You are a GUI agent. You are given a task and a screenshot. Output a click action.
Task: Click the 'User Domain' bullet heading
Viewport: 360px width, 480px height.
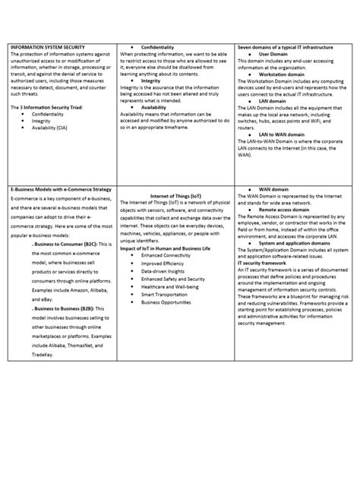pos(276,54)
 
